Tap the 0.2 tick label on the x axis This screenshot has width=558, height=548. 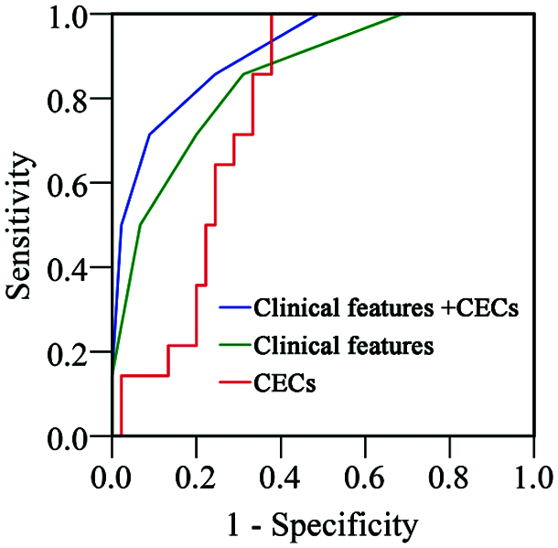196,477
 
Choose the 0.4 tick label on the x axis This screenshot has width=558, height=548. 280,477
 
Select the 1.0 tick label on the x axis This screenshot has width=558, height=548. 532,477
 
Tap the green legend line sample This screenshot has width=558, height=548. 235,347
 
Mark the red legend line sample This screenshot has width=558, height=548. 235,384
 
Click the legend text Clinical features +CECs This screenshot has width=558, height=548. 388,308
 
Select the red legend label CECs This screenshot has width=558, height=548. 284,384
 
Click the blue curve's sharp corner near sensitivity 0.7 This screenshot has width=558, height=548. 149,134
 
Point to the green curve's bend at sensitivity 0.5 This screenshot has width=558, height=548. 140,225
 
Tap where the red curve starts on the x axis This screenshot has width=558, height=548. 121,436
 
